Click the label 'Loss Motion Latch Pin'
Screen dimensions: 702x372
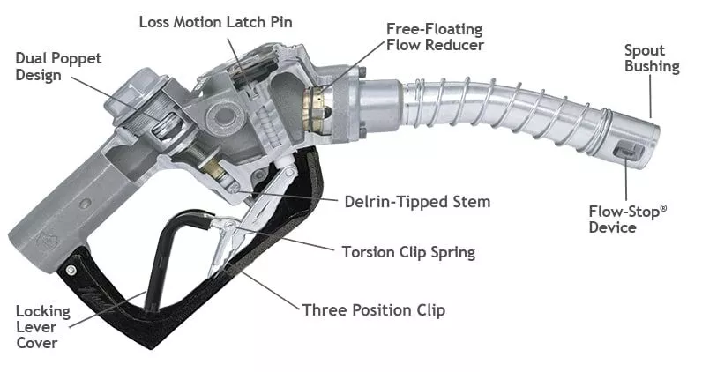click(215, 22)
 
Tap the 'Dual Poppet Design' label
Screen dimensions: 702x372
click(58, 66)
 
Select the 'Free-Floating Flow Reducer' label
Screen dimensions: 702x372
click(435, 37)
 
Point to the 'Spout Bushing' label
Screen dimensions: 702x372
click(652, 58)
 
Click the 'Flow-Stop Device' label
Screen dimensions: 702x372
click(628, 219)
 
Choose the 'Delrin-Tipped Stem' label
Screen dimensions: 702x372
click(417, 202)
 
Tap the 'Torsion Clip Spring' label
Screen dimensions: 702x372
click(408, 252)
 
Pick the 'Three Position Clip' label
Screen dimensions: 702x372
click(374, 309)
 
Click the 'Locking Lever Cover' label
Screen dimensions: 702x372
click(43, 327)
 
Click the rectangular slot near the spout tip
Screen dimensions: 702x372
click(629, 151)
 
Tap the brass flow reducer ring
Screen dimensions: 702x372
click(314, 109)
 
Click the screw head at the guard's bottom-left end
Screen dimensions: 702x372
click(71, 270)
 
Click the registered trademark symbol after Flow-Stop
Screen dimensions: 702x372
click(663, 208)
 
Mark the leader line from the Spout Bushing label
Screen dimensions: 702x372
click(651, 96)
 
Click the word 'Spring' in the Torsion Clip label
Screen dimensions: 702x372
click(452, 253)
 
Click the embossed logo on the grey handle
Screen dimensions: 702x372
click(47, 241)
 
